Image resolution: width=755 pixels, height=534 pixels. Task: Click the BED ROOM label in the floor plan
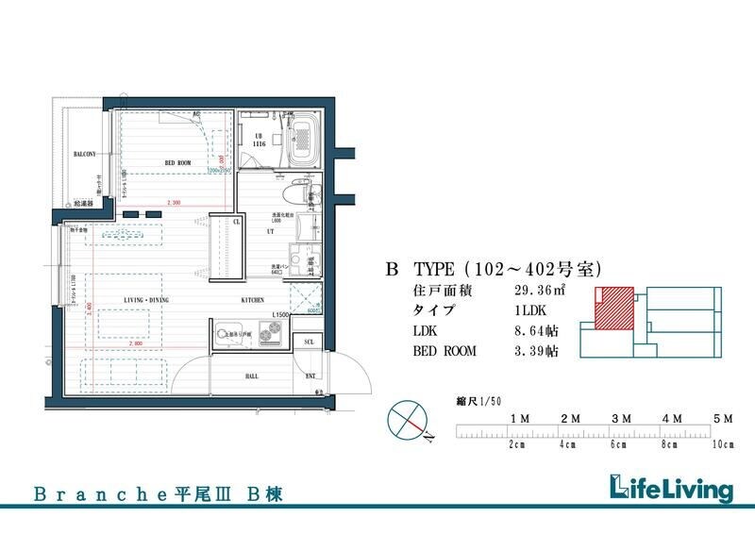point(179,163)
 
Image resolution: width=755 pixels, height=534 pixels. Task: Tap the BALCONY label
point(85,154)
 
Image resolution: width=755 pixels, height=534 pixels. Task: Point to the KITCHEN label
point(253,299)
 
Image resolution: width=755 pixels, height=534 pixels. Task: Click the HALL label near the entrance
point(227,375)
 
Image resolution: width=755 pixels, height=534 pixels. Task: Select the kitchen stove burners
point(271,332)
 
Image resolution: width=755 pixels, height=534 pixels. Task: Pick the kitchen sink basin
point(227,333)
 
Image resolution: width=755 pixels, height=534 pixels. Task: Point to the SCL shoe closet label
point(308,342)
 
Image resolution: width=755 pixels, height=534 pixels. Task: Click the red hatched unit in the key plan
point(613,308)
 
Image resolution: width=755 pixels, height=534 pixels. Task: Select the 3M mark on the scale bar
point(620,417)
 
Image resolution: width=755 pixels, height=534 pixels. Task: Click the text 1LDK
point(528,310)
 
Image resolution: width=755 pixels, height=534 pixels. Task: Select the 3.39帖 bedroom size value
point(536,351)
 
